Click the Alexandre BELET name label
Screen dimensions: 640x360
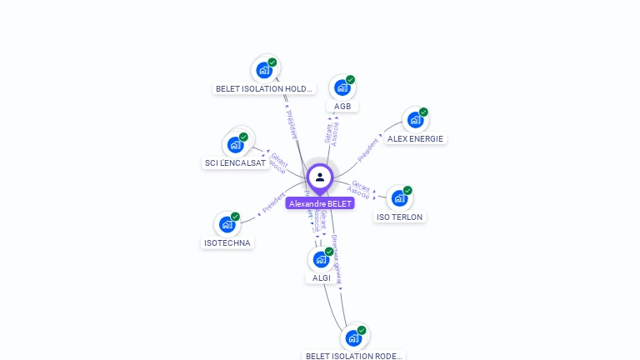coord(320,203)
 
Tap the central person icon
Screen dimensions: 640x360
coord(320,177)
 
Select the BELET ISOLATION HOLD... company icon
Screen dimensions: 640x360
coord(265,70)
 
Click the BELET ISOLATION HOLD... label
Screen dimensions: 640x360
coord(264,88)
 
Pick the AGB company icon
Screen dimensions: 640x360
coord(342,87)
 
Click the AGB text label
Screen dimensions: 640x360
coord(342,106)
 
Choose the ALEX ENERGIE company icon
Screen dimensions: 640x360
coord(414,121)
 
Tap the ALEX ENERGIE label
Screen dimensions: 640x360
coord(415,138)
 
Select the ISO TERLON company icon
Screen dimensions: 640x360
coord(400,198)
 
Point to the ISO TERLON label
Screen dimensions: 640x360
coord(400,217)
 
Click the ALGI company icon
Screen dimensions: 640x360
coord(321,259)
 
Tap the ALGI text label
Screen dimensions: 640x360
coord(322,277)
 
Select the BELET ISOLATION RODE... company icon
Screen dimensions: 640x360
coord(354,338)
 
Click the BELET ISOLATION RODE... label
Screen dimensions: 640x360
coord(354,356)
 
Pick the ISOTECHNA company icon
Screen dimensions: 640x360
coord(227,225)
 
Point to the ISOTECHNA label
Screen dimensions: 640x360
coord(227,242)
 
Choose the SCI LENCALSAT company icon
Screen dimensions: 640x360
coord(235,145)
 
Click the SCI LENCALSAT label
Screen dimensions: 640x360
coord(235,163)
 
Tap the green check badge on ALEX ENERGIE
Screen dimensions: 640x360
coord(423,112)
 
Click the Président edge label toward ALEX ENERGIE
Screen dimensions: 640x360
coord(367,148)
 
